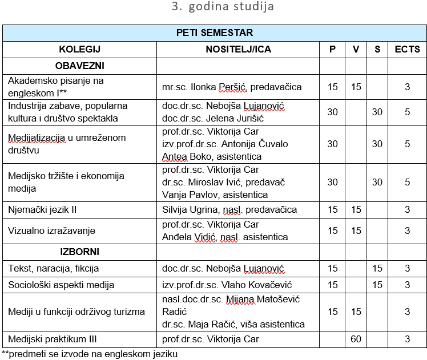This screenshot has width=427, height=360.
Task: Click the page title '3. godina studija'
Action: click(x=222, y=7)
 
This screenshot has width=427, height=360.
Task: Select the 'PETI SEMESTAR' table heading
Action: click(x=214, y=33)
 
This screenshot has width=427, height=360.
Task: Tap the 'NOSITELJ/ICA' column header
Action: click(x=238, y=50)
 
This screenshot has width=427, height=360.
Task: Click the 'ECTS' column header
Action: click(x=407, y=50)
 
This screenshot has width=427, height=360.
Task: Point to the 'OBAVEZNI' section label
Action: click(x=79, y=66)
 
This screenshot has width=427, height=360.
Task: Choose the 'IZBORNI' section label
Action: click(x=79, y=252)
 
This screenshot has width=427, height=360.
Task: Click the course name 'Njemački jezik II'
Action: click(x=42, y=209)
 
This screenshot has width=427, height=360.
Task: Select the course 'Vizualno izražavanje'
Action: click(x=51, y=231)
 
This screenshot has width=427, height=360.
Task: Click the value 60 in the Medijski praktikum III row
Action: click(x=356, y=339)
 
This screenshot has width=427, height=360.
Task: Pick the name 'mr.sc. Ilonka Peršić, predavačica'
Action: click(x=232, y=87)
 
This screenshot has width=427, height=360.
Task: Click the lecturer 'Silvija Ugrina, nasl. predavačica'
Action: click(x=229, y=209)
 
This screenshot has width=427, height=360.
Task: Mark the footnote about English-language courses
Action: click(x=90, y=354)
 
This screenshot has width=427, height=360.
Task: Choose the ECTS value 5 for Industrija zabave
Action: click(x=407, y=112)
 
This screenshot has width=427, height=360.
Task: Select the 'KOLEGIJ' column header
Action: click(x=79, y=50)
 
